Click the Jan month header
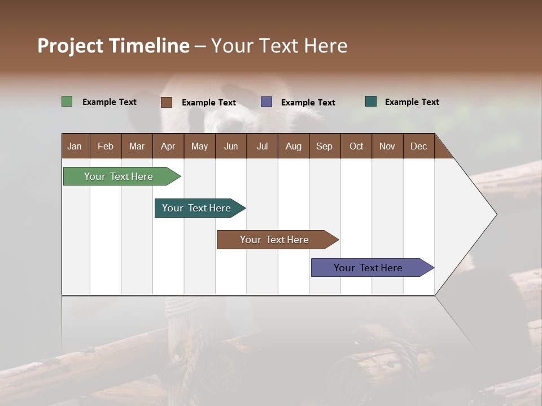[x=75, y=146]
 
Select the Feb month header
[x=106, y=146]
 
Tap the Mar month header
[x=137, y=146]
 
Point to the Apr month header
[x=168, y=146]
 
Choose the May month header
[x=199, y=146]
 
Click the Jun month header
[x=231, y=146]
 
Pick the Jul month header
[x=262, y=146]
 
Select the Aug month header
[x=294, y=146]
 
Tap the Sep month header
[x=325, y=146]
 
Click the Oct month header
[x=356, y=146]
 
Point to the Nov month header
[x=387, y=146]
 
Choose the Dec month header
[x=418, y=146]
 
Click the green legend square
[x=67, y=101]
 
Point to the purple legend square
[x=266, y=102]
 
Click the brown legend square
[x=167, y=102]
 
